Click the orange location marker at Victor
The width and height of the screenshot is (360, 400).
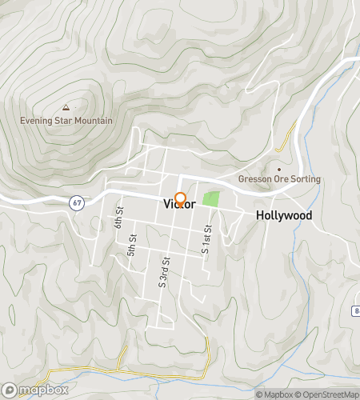point(181,199)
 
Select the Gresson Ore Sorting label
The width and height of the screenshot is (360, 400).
point(279,179)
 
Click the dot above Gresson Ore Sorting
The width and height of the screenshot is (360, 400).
point(279,169)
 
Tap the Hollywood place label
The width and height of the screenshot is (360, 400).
point(283,216)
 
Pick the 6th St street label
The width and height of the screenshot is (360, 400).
point(118,218)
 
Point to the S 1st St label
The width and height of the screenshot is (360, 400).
point(205,239)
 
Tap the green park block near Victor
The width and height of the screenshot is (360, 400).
point(210,198)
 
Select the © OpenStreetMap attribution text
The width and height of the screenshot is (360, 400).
point(328,394)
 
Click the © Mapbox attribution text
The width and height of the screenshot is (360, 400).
point(275,394)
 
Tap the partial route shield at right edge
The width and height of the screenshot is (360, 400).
point(356,310)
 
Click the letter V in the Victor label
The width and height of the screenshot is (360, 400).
point(167,204)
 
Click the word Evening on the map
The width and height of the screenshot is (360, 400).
point(37,121)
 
